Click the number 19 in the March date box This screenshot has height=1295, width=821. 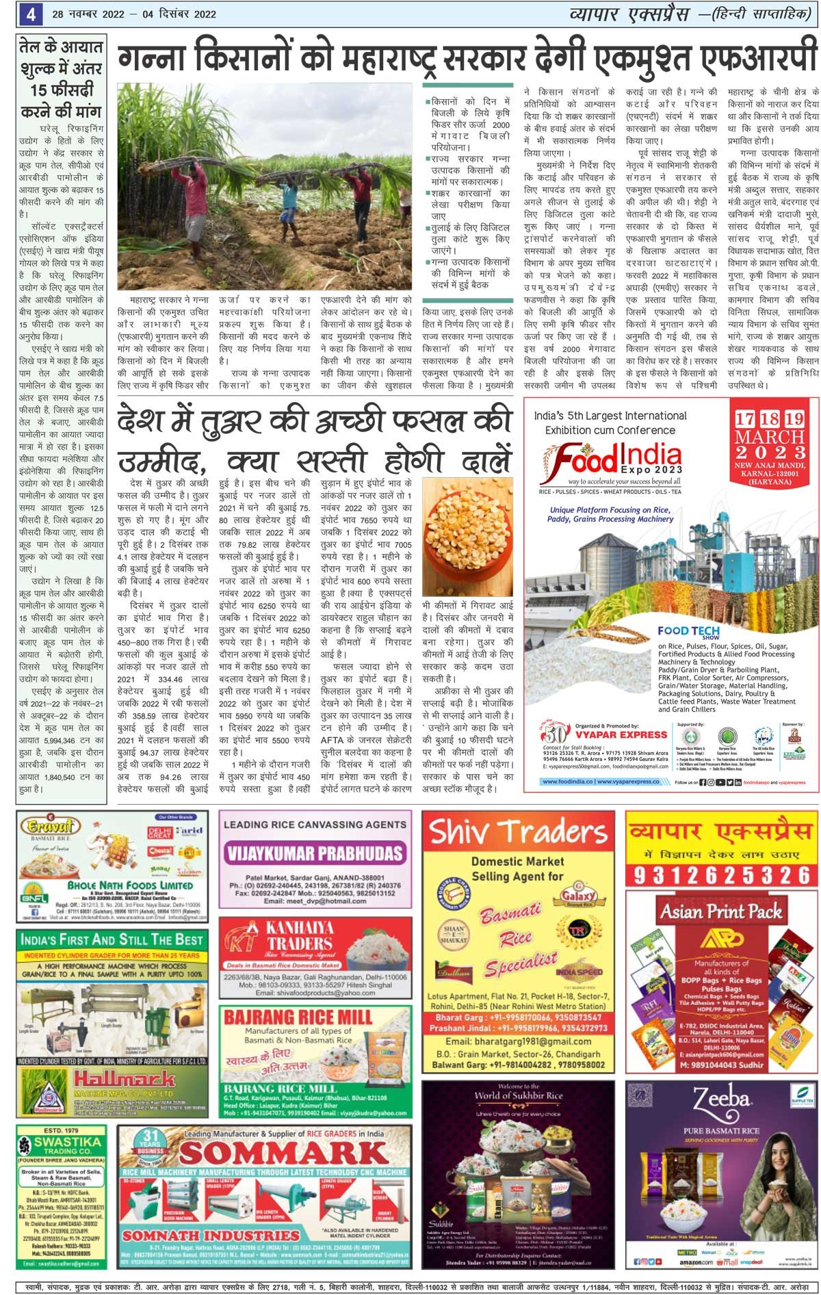[x=794, y=419]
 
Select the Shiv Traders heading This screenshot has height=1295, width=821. [x=518, y=833]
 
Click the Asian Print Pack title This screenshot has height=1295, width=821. [x=721, y=911]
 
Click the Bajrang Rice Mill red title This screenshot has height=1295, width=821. [x=298, y=1017]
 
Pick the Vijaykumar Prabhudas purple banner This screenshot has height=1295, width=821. [x=315, y=853]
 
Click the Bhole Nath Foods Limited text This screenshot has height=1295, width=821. [x=130, y=885]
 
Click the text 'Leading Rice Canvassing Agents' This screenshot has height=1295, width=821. [x=315, y=825]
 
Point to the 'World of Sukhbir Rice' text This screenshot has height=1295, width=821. [x=518, y=1095]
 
